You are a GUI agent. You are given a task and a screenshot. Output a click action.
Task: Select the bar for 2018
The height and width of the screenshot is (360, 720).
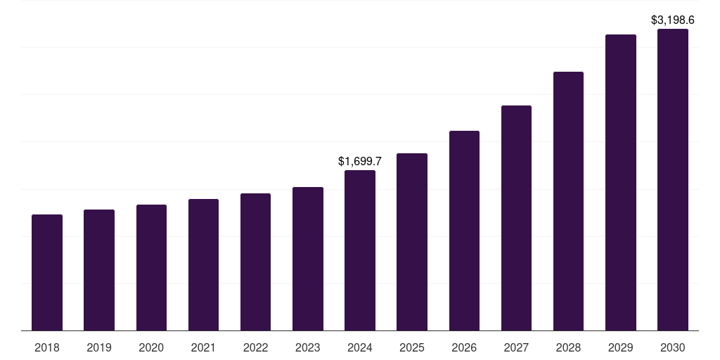47,272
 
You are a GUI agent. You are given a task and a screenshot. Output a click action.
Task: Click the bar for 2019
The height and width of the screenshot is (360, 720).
99,270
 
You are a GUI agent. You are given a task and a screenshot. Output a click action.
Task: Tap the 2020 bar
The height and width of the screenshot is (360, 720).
152,268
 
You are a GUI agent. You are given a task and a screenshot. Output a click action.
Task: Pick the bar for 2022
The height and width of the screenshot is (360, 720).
255,262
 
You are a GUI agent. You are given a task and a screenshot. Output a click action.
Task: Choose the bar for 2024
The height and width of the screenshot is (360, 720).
360,250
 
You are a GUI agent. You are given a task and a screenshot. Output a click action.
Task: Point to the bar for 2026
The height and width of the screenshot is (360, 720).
464,231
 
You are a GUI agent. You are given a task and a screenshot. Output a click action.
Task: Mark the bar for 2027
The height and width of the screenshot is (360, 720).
516,218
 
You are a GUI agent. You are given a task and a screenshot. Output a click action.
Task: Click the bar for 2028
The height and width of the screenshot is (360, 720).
568,201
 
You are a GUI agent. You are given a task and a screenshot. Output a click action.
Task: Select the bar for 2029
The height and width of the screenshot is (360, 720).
621,182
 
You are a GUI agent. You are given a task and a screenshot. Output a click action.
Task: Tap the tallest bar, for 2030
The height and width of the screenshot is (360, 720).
673,179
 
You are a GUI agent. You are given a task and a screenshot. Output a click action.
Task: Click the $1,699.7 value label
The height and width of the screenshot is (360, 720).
360,161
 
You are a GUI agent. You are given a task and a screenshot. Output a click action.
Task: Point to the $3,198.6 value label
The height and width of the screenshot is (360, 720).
673,20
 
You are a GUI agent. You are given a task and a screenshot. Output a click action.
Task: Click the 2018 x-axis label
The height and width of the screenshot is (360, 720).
47,347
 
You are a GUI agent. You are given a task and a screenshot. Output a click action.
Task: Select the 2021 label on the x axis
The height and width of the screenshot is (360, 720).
203,347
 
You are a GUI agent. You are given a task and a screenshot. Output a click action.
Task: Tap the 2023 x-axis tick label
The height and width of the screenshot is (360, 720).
308,347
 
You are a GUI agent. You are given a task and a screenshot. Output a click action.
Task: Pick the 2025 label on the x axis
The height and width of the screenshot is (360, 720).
412,347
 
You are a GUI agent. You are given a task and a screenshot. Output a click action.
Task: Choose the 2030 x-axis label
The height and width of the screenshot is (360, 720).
673,347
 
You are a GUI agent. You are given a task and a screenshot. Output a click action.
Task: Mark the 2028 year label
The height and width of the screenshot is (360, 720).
568,347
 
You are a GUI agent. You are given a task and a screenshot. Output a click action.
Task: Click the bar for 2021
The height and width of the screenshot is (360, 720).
203,264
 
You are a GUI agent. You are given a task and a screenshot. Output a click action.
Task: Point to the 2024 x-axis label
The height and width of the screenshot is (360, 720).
360,347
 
